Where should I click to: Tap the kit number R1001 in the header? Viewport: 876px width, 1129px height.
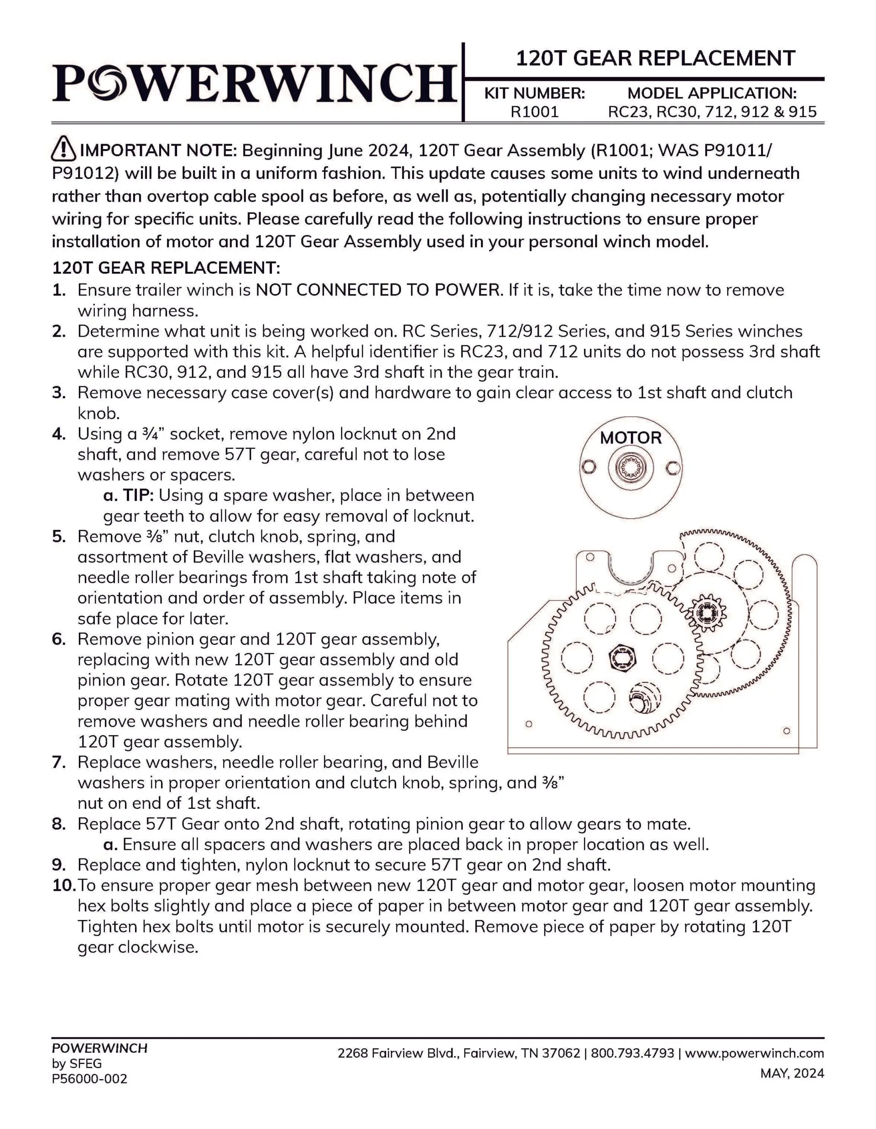click(x=534, y=112)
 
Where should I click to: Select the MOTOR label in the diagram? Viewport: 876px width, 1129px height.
click(x=631, y=438)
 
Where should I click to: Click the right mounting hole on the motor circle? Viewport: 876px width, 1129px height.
click(x=673, y=468)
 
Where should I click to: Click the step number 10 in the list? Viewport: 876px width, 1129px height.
click(x=64, y=885)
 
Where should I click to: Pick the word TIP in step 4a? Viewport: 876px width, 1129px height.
click(x=137, y=495)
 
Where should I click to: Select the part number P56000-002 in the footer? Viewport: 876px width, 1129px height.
click(x=89, y=1079)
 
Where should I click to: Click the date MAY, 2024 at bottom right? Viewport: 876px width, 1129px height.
click(x=792, y=1074)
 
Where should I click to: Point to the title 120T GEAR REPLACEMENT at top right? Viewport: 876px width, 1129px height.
click(x=655, y=58)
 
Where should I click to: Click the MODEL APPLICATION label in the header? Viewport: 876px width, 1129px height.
click(x=712, y=94)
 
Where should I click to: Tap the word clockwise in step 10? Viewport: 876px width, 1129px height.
click(x=137, y=947)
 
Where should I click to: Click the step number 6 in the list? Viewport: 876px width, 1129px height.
click(x=58, y=640)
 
